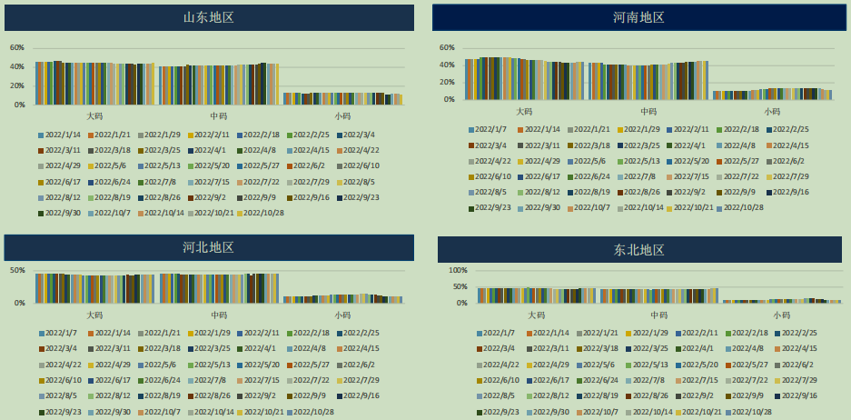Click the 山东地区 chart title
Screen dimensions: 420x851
209,17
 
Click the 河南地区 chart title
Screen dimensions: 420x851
638,17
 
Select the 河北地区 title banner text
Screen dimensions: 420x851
209,247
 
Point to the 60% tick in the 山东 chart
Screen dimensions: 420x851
17,47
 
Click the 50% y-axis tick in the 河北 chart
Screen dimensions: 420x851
17,270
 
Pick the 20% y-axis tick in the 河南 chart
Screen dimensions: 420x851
446,82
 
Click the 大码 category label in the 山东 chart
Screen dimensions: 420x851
94,116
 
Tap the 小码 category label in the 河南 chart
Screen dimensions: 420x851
771,112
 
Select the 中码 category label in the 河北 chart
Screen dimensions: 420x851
219,315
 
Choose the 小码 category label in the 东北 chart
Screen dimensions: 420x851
781,315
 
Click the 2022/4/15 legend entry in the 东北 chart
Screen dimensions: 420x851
799,348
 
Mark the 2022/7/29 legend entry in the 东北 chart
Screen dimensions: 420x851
799,380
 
